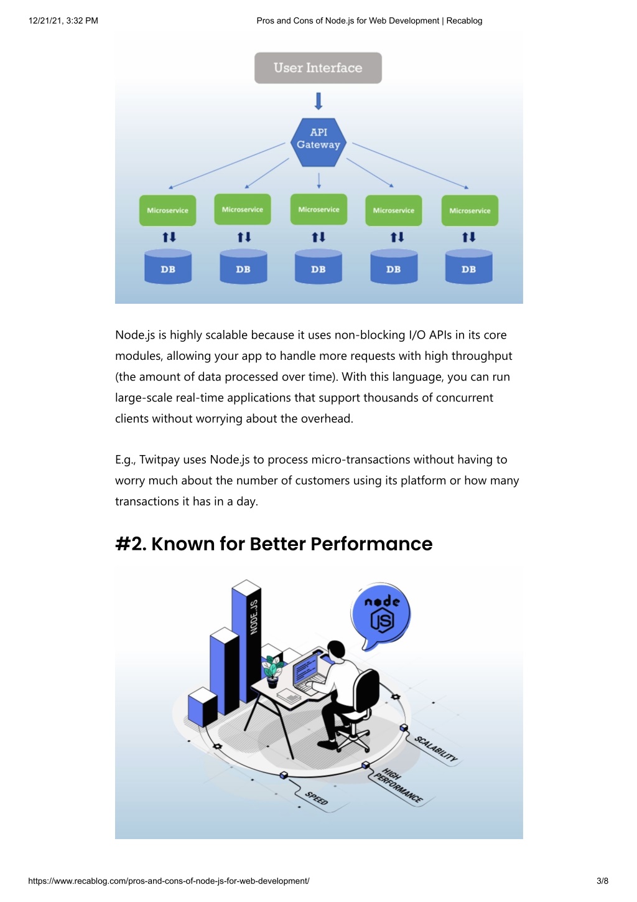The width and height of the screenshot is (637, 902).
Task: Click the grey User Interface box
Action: click(x=318, y=68)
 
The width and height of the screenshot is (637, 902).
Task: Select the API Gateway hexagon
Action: click(x=318, y=142)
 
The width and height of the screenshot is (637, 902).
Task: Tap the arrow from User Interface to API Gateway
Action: click(x=318, y=101)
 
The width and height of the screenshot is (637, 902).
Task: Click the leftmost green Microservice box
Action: click(x=167, y=210)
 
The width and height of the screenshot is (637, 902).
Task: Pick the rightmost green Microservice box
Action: click(x=470, y=210)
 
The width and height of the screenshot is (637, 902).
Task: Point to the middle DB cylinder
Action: click(x=318, y=266)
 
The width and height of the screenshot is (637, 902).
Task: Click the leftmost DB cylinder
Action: click(x=168, y=266)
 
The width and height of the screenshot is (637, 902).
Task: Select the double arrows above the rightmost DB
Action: click(x=469, y=237)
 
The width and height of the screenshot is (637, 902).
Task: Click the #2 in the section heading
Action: click(x=131, y=543)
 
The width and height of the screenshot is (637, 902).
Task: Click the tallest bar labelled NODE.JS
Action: click(x=247, y=641)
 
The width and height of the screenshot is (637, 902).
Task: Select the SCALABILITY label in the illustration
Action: click(x=436, y=749)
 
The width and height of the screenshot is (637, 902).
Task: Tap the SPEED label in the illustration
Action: click(x=316, y=798)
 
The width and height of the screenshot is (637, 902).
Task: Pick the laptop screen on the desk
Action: click(x=307, y=667)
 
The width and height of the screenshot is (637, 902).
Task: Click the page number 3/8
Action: click(x=602, y=881)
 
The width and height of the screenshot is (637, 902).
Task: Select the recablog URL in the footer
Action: click(x=169, y=881)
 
